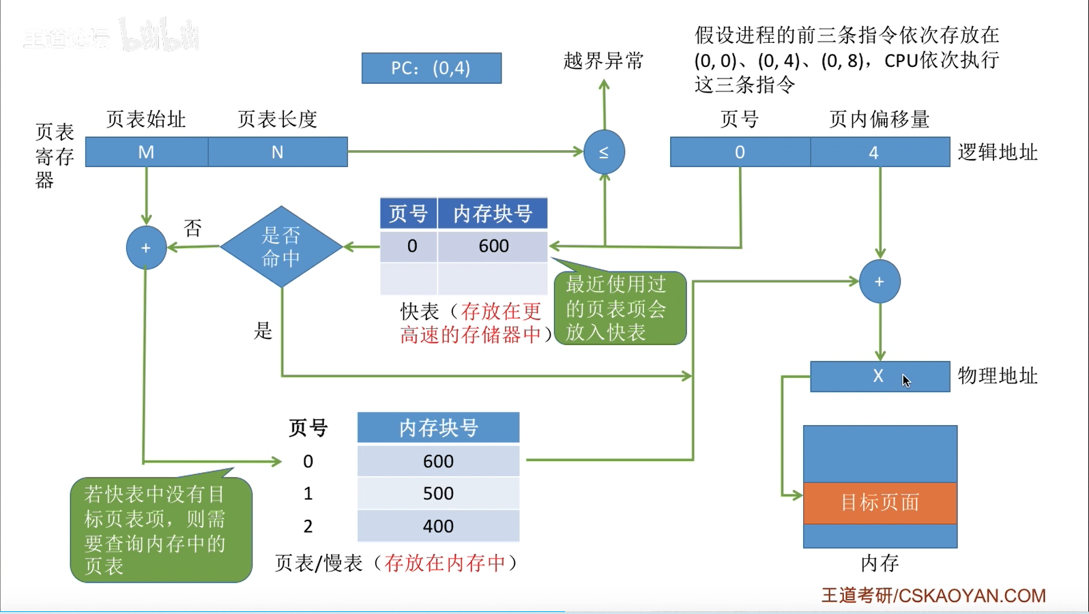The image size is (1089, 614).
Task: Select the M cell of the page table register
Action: (146, 152)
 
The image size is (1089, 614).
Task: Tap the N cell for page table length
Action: (278, 152)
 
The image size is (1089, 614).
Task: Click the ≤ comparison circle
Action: (604, 152)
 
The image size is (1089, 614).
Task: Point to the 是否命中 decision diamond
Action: (281, 247)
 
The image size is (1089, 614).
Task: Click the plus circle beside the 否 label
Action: (146, 248)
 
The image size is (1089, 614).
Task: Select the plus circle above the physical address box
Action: (880, 282)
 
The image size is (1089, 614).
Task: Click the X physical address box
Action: (879, 376)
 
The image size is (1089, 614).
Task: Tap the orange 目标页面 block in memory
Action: (880, 503)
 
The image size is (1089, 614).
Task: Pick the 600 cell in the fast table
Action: (493, 246)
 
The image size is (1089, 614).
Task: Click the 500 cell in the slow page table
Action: (438, 493)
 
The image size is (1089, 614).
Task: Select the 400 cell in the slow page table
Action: (438, 526)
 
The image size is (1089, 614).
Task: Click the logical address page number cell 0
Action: (740, 152)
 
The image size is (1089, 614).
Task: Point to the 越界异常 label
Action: (603, 61)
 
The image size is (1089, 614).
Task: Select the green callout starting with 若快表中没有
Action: (160, 530)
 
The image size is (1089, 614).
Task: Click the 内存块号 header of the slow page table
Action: (438, 428)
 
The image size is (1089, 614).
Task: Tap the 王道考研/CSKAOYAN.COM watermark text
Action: (933, 596)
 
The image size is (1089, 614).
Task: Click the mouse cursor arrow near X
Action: (906, 381)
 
